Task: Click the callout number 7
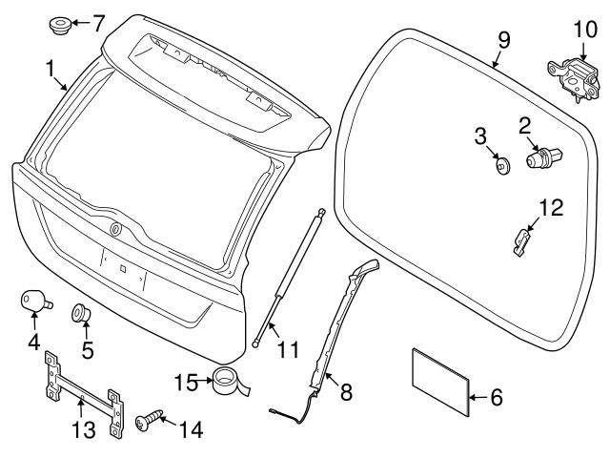[x=98, y=20]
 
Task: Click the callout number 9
[x=504, y=41]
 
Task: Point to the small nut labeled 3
[x=501, y=166]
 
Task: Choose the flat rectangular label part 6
[x=439, y=382]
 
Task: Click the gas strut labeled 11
[x=291, y=277]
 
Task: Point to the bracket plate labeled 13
[x=83, y=393]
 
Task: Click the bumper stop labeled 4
[x=33, y=301]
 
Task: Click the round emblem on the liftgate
[x=116, y=228]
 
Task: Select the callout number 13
[x=84, y=430]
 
